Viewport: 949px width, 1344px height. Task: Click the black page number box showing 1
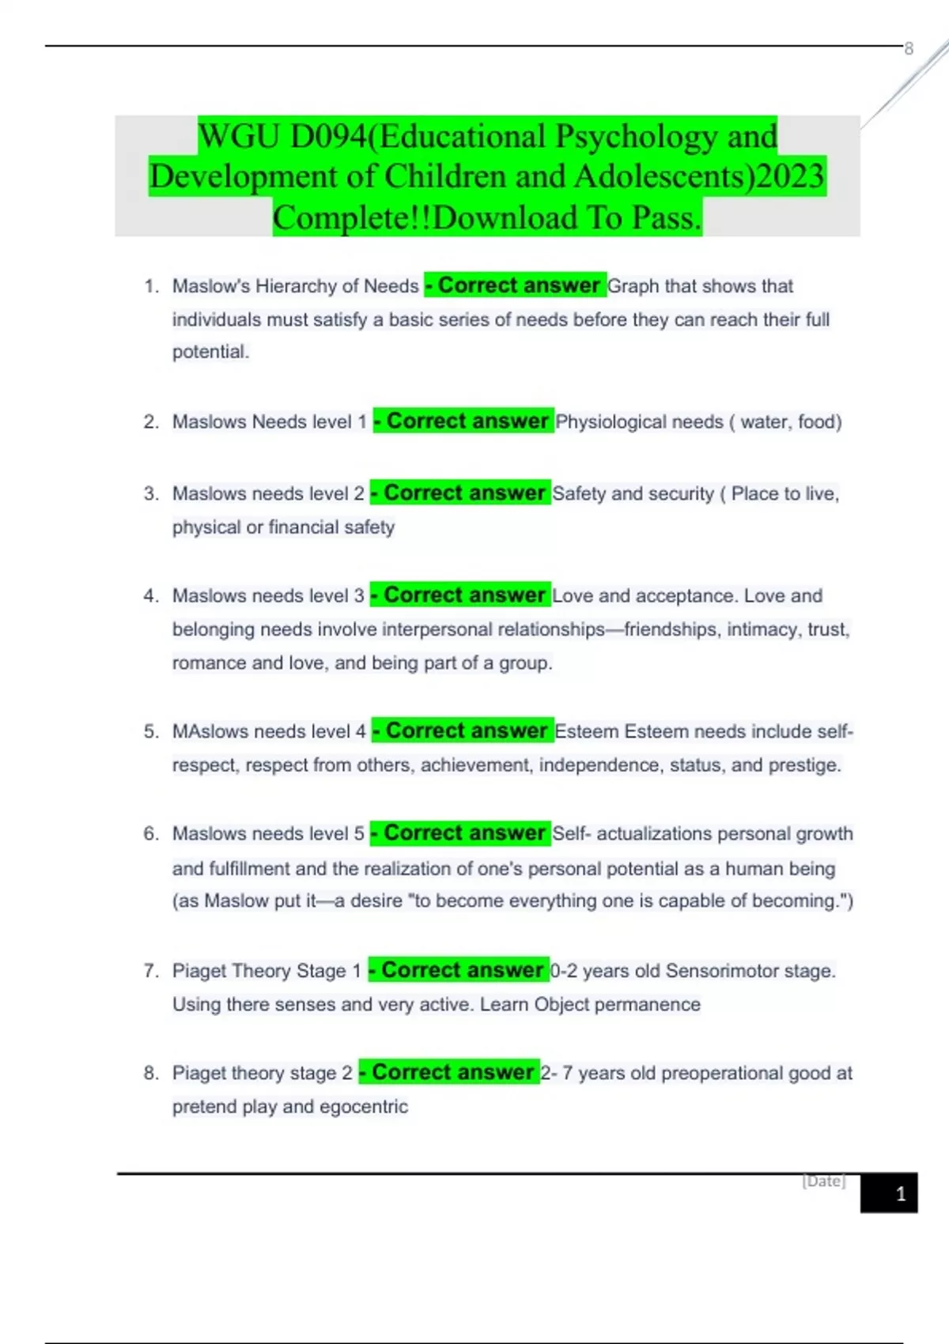(889, 1193)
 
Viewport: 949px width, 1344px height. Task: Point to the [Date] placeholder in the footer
(824, 1181)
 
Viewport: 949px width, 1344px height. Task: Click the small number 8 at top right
(909, 49)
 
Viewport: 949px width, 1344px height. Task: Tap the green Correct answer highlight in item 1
(516, 285)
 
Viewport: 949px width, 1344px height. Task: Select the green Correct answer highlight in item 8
(449, 1073)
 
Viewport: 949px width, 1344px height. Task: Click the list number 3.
(151, 494)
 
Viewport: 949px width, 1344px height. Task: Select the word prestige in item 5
(807, 765)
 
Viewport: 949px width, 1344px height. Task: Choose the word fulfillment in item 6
(249, 869)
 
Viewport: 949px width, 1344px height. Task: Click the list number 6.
(151, 834)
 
